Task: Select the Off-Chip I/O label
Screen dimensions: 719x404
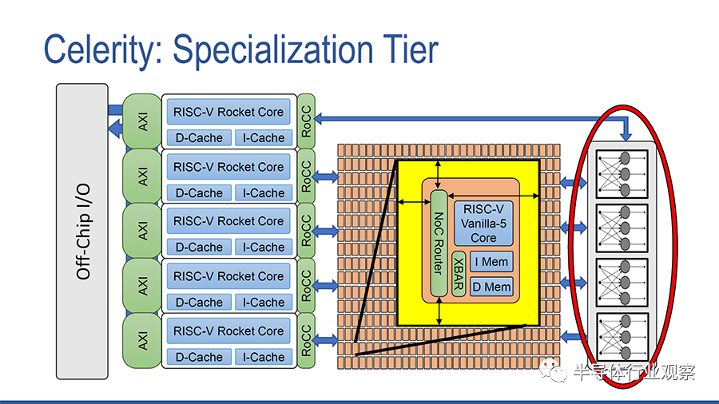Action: pos(83,232)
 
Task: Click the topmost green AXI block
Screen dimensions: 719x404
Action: pos(142,121)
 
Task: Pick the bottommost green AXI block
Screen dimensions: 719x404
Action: pos(142,340)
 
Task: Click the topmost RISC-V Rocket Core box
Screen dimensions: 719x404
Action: pos(228,112)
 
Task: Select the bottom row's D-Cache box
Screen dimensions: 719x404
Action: pos(199,357)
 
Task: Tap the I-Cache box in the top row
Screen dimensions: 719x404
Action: pos(264,138)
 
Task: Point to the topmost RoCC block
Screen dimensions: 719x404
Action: pos(306,121)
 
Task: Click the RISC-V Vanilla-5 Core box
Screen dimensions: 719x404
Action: pos(483,224)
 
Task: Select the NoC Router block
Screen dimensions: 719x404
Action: pos(439,244)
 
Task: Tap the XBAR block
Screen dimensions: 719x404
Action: pos(459,273)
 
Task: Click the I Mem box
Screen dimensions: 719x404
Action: pos(491,262)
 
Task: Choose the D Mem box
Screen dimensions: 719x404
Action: pos(491,287)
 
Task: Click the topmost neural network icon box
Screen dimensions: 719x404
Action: pos(622,174)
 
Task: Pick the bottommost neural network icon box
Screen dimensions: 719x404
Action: pos(622,337)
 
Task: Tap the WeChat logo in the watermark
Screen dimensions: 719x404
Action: pos(554,370)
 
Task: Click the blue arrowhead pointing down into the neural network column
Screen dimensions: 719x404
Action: pos(626,136)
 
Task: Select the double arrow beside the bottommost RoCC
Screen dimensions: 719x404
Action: pos(327,340)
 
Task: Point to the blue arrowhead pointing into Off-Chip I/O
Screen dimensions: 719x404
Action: pos(114,129)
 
